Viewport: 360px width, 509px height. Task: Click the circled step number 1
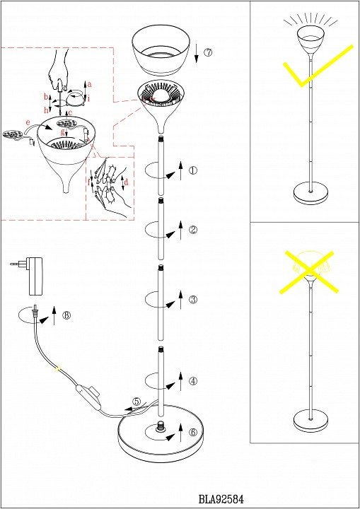pyautogui.click(x=193, y=170)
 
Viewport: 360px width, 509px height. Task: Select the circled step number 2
pyautogui.click(x=193, y=230)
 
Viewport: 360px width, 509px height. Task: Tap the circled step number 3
pyautogui.click(x=193, y=299)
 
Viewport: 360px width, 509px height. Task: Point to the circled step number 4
pyautogui.click(x=193, y=381)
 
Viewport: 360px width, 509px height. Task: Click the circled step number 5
pyautogui.click(x=137, y=402)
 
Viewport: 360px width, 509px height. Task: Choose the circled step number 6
pyautogui.click(x=193, y=433)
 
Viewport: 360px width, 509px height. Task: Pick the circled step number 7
pyautogui.click(x=208, y=52)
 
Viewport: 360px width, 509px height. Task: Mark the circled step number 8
pyautogui.click(x=66, y=315)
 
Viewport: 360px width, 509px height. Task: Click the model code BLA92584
pyautogui.click(x=221, y=498)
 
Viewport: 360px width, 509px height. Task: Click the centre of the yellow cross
pyautogui.click(x=309, y=271)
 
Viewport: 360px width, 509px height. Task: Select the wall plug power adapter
pyautogui.click(x=32, y=275)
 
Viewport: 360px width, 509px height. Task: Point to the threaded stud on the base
pyautogui.click(x=160, y=426)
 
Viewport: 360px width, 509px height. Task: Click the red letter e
pyautogui.click(x=28, y=122)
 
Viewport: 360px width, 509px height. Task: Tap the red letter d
pyautogui.click(x=127, y=182)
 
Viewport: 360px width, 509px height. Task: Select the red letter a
pyautogui.click(x=90, y=84)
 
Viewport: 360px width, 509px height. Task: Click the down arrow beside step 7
pyautogui.click(x=197, y=54)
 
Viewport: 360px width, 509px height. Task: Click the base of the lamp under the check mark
pyautogui.click(x=310, y=194)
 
